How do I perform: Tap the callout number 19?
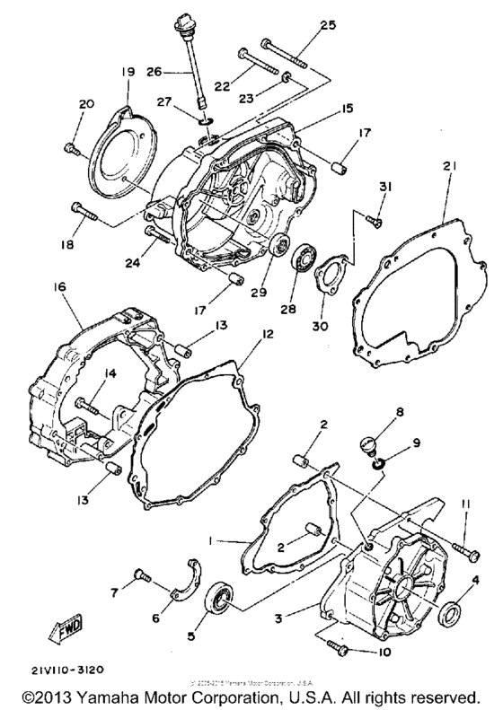tap(126, 71)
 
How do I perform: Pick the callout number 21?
tap(448, 166)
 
